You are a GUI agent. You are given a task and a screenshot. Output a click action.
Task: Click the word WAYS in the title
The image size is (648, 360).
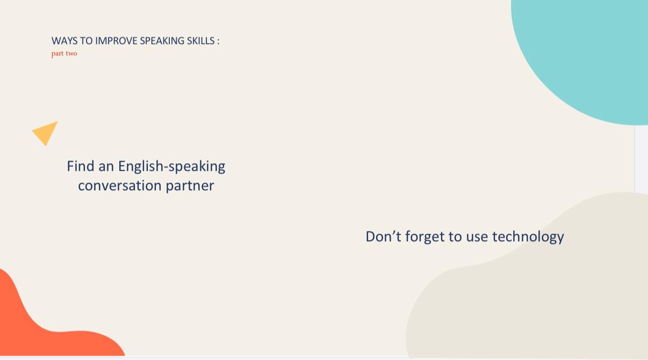point(64,41)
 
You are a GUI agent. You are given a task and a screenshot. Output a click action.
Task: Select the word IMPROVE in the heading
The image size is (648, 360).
point(116,41)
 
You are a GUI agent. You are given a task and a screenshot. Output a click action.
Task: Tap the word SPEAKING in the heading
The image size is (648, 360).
point(162,41)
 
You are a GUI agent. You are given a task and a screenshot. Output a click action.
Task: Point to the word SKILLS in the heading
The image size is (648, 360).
point(201,41)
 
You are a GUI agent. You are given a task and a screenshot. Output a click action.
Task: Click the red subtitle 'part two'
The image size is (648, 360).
point(64,54)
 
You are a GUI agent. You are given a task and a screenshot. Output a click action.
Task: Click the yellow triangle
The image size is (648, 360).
point(46,133)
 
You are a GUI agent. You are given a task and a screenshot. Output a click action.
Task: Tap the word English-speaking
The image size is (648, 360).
point(171,167)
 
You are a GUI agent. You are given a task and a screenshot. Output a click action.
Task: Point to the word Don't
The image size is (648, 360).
point(383,236)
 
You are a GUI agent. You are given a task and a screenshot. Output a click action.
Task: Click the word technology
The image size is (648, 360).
point(528,237)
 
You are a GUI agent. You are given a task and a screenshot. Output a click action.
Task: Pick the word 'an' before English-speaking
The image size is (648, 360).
point(106,168)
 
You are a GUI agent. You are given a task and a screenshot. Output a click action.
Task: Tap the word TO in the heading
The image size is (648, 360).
point(86,41)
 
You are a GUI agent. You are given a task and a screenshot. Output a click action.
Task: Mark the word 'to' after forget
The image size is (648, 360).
point(455,237)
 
